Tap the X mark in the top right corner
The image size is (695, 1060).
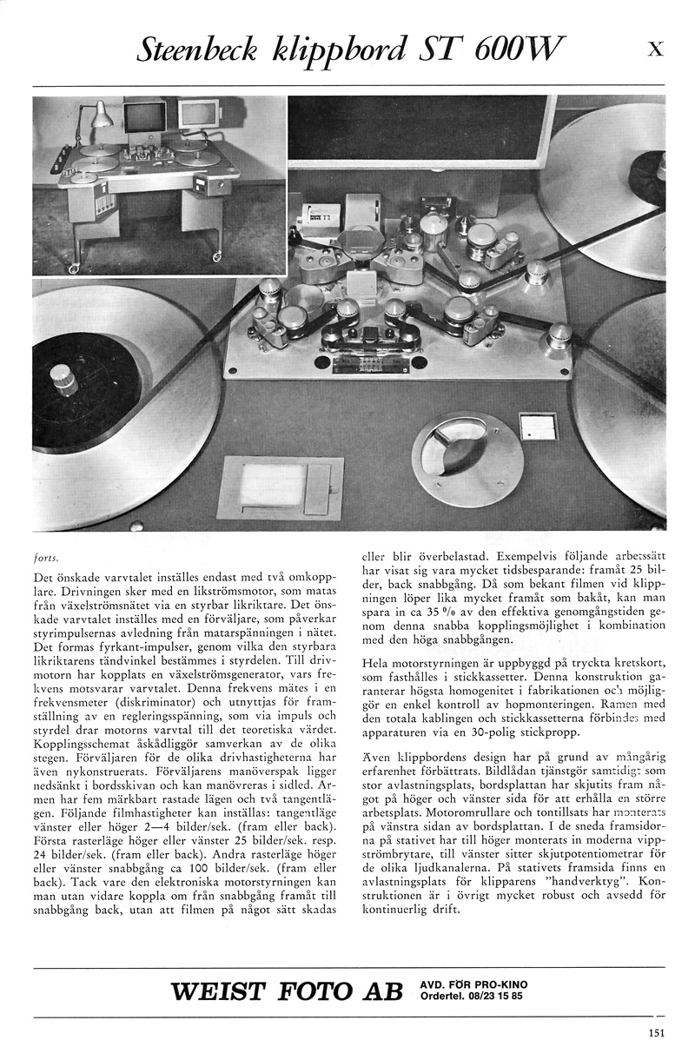656,50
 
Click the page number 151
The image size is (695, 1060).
656,1033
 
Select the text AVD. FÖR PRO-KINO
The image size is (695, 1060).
473,984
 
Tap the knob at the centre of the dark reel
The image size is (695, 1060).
62,378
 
